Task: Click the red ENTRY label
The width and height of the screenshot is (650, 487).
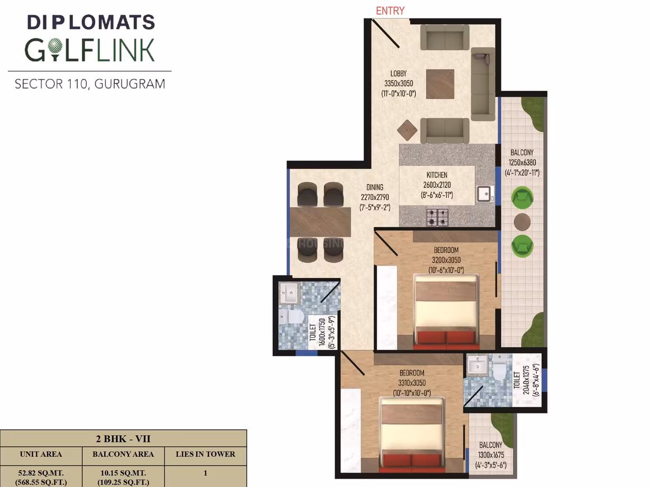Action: tap(390, 11)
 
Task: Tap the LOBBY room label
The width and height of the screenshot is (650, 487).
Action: tap(398, 73)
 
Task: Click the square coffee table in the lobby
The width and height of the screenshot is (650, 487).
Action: tap(440, 84)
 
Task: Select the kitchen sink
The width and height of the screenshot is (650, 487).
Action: tap(484, 194)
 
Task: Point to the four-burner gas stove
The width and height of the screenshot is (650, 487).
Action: tap(437, 217)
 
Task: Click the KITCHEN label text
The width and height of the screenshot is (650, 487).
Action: tap(437, 175)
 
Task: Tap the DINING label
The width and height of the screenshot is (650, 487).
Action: tap(375, 187)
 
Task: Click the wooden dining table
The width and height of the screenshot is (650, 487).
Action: tap(321, 222)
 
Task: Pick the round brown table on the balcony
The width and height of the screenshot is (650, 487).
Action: tap(522, 222)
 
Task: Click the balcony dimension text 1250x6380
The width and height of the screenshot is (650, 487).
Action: tap(522, 163)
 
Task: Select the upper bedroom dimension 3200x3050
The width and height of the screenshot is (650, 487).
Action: tap(446, 260)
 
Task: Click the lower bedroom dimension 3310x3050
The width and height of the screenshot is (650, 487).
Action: tap(412, 383)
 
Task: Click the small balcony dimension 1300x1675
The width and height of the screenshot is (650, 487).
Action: tap(491, 455)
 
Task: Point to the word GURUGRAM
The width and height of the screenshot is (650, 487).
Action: tap(130, 84)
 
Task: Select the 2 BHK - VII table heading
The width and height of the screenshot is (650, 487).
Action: tap(123, 439)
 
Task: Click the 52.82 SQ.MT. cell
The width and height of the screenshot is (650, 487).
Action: tap(41, 473)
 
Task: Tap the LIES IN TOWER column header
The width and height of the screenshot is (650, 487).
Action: tap(205, 455)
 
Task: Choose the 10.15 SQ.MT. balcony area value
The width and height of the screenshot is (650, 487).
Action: tap(123, 473)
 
